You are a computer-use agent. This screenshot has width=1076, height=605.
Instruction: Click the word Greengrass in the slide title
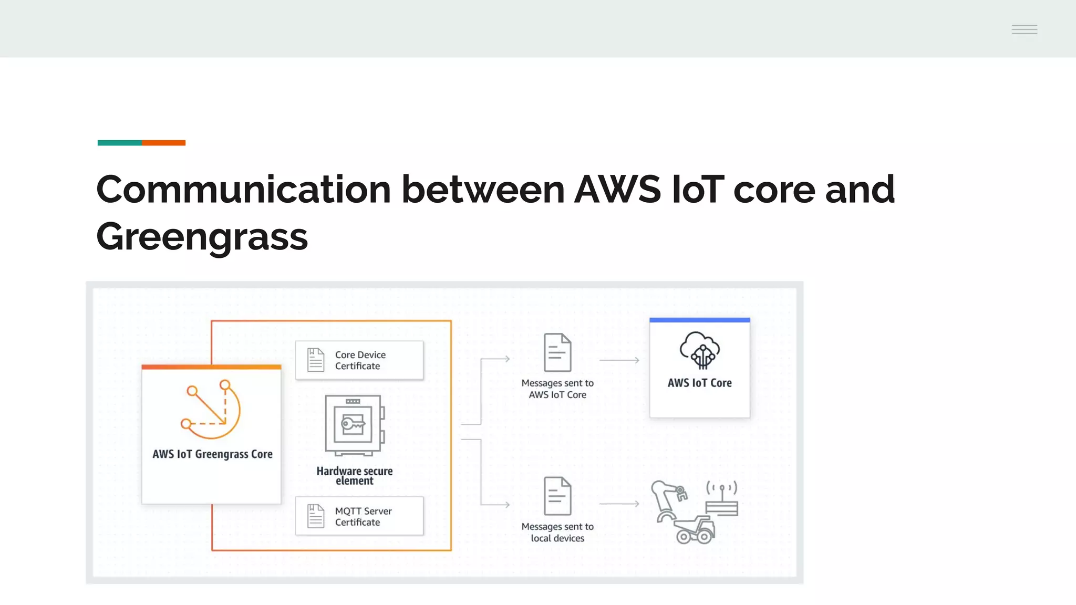202,237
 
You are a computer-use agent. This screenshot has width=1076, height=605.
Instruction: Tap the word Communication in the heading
243,190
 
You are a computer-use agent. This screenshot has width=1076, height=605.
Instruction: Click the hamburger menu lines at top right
1024,29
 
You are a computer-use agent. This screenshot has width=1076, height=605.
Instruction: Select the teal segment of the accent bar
119,143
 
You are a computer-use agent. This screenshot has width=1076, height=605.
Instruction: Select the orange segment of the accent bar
163,143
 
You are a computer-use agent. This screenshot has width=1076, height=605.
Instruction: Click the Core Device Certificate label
360,360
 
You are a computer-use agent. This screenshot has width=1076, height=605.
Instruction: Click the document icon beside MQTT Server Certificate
316,516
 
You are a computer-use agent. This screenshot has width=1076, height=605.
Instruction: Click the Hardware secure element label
355,476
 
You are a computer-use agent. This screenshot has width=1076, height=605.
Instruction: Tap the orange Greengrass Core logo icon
211,409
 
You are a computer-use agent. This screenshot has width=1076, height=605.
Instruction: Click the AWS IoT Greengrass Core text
212,454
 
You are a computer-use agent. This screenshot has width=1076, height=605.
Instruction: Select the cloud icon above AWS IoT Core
699,350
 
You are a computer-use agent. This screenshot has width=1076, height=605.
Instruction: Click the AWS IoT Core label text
699,383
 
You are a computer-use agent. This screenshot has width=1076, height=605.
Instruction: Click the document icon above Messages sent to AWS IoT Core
557,352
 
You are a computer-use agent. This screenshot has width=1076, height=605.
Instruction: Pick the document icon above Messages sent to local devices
557,496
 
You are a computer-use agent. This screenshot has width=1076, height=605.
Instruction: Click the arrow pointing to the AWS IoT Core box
619,360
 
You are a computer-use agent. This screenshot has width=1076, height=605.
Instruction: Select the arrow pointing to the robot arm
619,504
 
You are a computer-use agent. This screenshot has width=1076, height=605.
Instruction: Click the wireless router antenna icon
722,499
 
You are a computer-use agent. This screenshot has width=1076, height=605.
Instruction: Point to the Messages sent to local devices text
557,532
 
